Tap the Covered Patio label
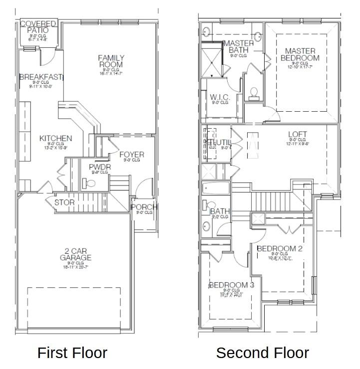point(38,26)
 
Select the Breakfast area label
point(41,77)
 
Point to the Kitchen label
point(56,138)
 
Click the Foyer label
point(132,154)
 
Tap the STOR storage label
point(64,202)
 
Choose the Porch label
point(144,207)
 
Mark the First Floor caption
point(72,353)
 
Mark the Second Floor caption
point(262,353)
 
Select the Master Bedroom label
point(300,54)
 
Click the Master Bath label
point(239,46)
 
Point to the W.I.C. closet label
point(220,97)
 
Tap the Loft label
point(298,135)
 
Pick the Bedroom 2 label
point(280,249)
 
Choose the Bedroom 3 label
point(231,285)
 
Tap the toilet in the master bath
point(254,92)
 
